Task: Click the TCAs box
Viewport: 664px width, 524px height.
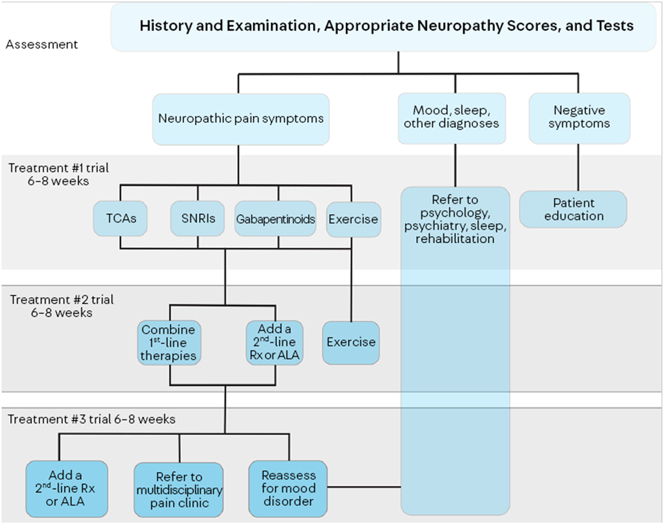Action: pyautogui.click(x=120, y=218)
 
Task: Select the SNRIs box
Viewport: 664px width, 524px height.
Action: pyautogui.click(x=197, y=218)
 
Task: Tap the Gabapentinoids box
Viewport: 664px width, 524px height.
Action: pyautogui.click(x=275, y=219)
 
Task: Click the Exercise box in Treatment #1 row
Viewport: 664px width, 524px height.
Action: pyautogui.click(x=353, y=219)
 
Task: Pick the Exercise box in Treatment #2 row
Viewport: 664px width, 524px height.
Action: pyautogui.click(x=351, y=342)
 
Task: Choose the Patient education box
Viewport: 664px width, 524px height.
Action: pyautogui.click(x=573, y=209)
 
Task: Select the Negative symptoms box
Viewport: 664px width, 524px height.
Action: pyautogui.click(x=579, y=118)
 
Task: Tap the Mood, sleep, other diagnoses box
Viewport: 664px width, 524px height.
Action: pyautogui.click(x=452, y=118)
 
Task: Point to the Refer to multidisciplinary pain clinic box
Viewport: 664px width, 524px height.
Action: pyautogui.click(x=179, y=490)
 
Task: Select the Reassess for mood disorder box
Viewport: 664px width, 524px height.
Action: pyautogui.click(x=288, y=489)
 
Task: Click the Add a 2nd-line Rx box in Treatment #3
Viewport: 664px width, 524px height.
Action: pyautogui.click(x=67, y=489)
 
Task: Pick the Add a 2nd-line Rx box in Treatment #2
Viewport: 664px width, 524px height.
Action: pyautogui.click(x=275, y=342)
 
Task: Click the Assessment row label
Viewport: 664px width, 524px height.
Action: pyautogui.click(x=42, y=45)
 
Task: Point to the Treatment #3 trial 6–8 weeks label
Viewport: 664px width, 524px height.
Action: pyautogui.click(x=92, y=419)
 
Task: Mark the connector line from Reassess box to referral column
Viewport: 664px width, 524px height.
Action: pyautogui.click(x=364, y=486)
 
